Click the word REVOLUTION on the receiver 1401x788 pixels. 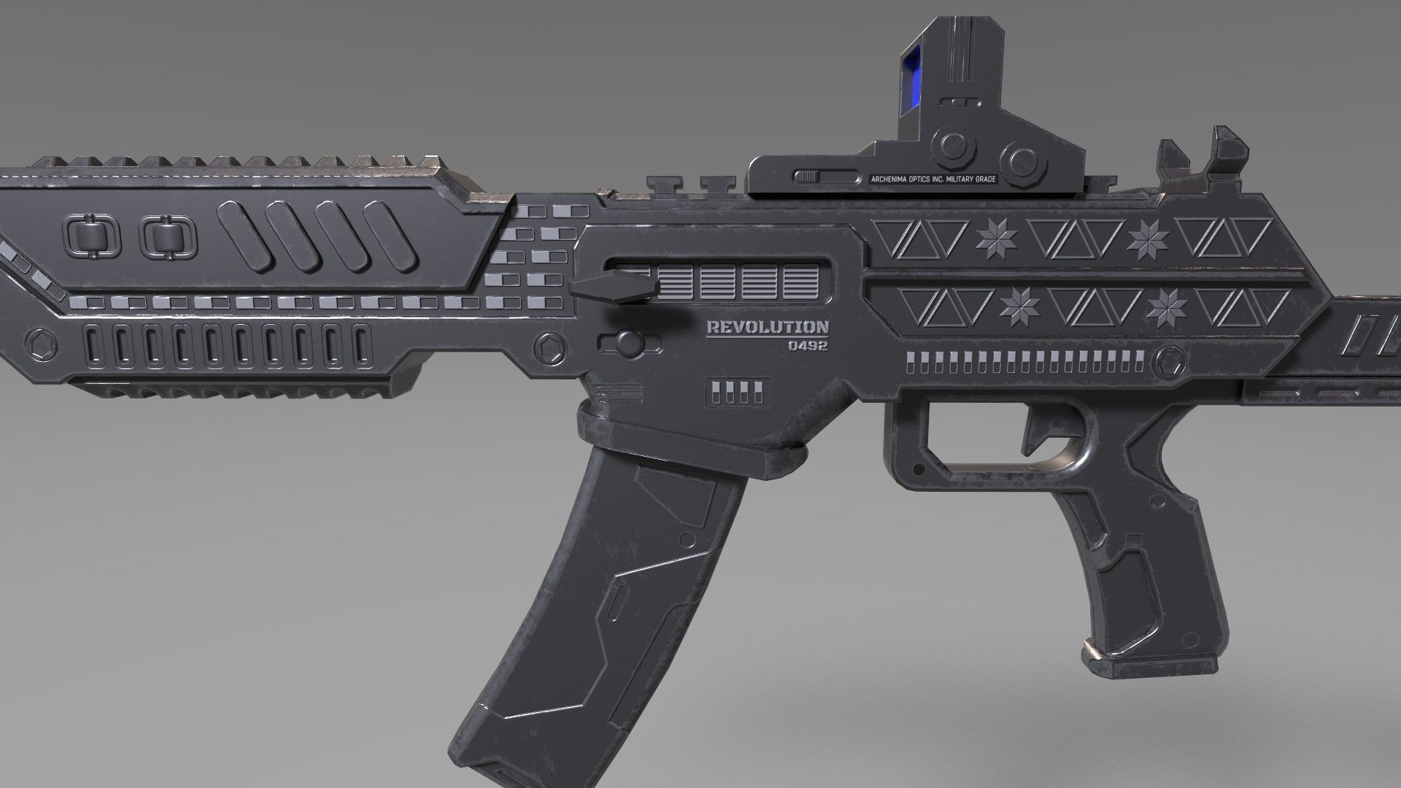[x=767, y=328]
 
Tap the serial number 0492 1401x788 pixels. [x=807, y=346]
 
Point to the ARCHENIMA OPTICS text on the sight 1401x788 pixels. [x=933, y=179]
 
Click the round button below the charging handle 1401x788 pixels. [x=627, y=341]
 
